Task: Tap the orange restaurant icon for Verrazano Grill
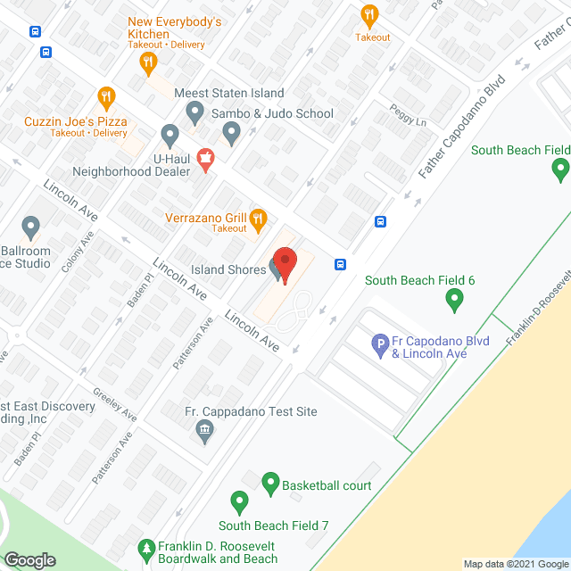click(258, 217)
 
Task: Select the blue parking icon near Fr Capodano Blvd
click(381, 342)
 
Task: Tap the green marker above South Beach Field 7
click(239, 502)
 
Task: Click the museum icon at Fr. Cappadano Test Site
click(205, 431)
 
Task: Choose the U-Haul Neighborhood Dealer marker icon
click(170, 136)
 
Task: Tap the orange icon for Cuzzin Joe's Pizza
click(107, 96)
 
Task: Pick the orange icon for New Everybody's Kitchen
click(149, 62)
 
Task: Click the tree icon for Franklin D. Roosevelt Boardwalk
click(146, 547)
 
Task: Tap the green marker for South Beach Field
click(560, 167)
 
